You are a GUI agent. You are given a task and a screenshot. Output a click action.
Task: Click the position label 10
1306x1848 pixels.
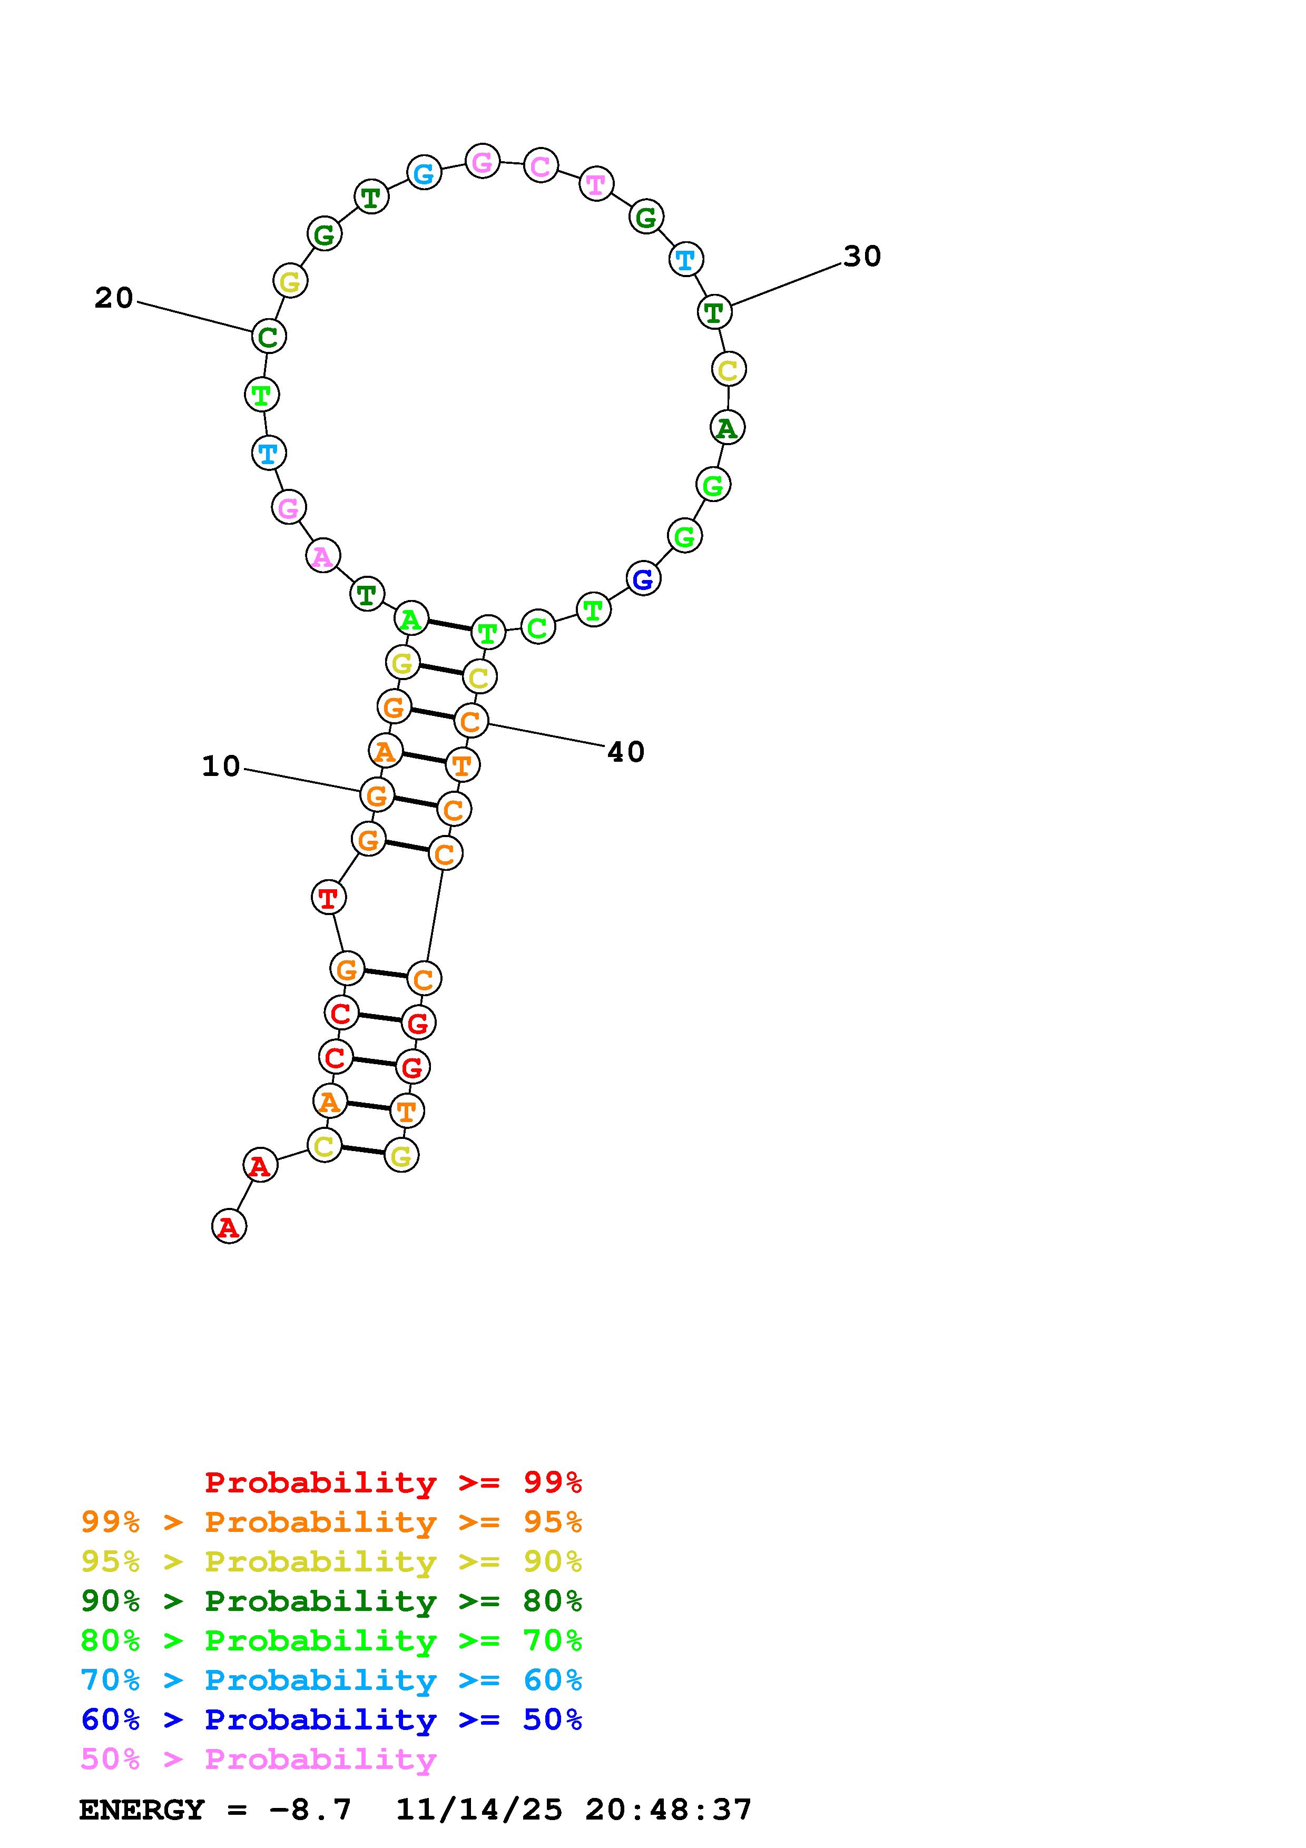(x=221, y=766)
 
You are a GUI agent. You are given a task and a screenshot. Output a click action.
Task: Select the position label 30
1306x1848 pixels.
(x=862, y=257)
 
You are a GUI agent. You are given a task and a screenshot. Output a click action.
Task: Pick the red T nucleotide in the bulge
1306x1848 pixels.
(x=328, y=898)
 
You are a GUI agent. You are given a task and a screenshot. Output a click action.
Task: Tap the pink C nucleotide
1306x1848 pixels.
(x=541, y=166)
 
